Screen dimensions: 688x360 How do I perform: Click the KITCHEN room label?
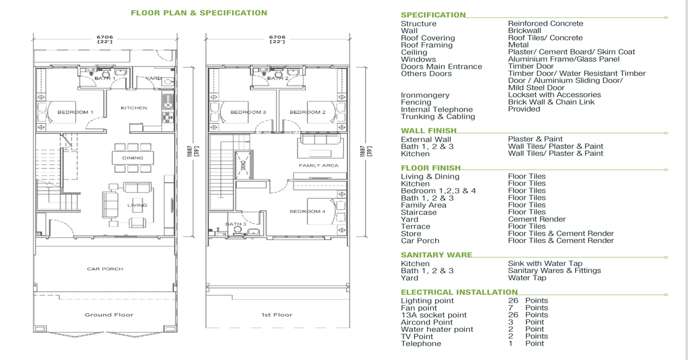tap(134, 108)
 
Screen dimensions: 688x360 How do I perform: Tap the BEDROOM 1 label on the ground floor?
tap(75, 112)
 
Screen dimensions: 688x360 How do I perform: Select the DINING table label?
tap(132, 158)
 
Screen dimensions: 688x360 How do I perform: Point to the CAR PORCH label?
tap(105, 269)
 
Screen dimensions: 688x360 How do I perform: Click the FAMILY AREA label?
tap(319, 165)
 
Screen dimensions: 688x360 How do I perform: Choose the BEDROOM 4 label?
tap(307, 212)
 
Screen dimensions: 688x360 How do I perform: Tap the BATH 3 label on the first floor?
tap(236, 224)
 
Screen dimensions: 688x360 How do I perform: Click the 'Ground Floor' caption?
tap(109, 315)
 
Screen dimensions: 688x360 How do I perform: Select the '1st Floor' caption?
tap(277, 315)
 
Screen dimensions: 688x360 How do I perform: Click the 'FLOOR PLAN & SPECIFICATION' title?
tap(199, 13)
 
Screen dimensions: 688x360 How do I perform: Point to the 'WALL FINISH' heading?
tap(429, 131)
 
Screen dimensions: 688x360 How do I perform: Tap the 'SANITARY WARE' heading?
tap(436, 255)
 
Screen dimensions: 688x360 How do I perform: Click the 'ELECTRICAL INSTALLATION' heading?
tap(459, 292)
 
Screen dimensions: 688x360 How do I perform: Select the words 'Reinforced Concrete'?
tap(545, 24)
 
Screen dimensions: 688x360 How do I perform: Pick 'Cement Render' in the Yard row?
tap(537, 220)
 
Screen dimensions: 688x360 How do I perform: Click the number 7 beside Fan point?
tap(511, 308)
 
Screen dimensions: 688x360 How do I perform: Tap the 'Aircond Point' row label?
tap(427, 322)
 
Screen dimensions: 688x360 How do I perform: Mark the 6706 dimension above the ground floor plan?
tap(105, 37)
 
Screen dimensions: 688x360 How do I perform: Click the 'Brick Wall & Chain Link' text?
tap(552, 102)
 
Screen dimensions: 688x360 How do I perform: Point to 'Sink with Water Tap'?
tap(545, 264)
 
